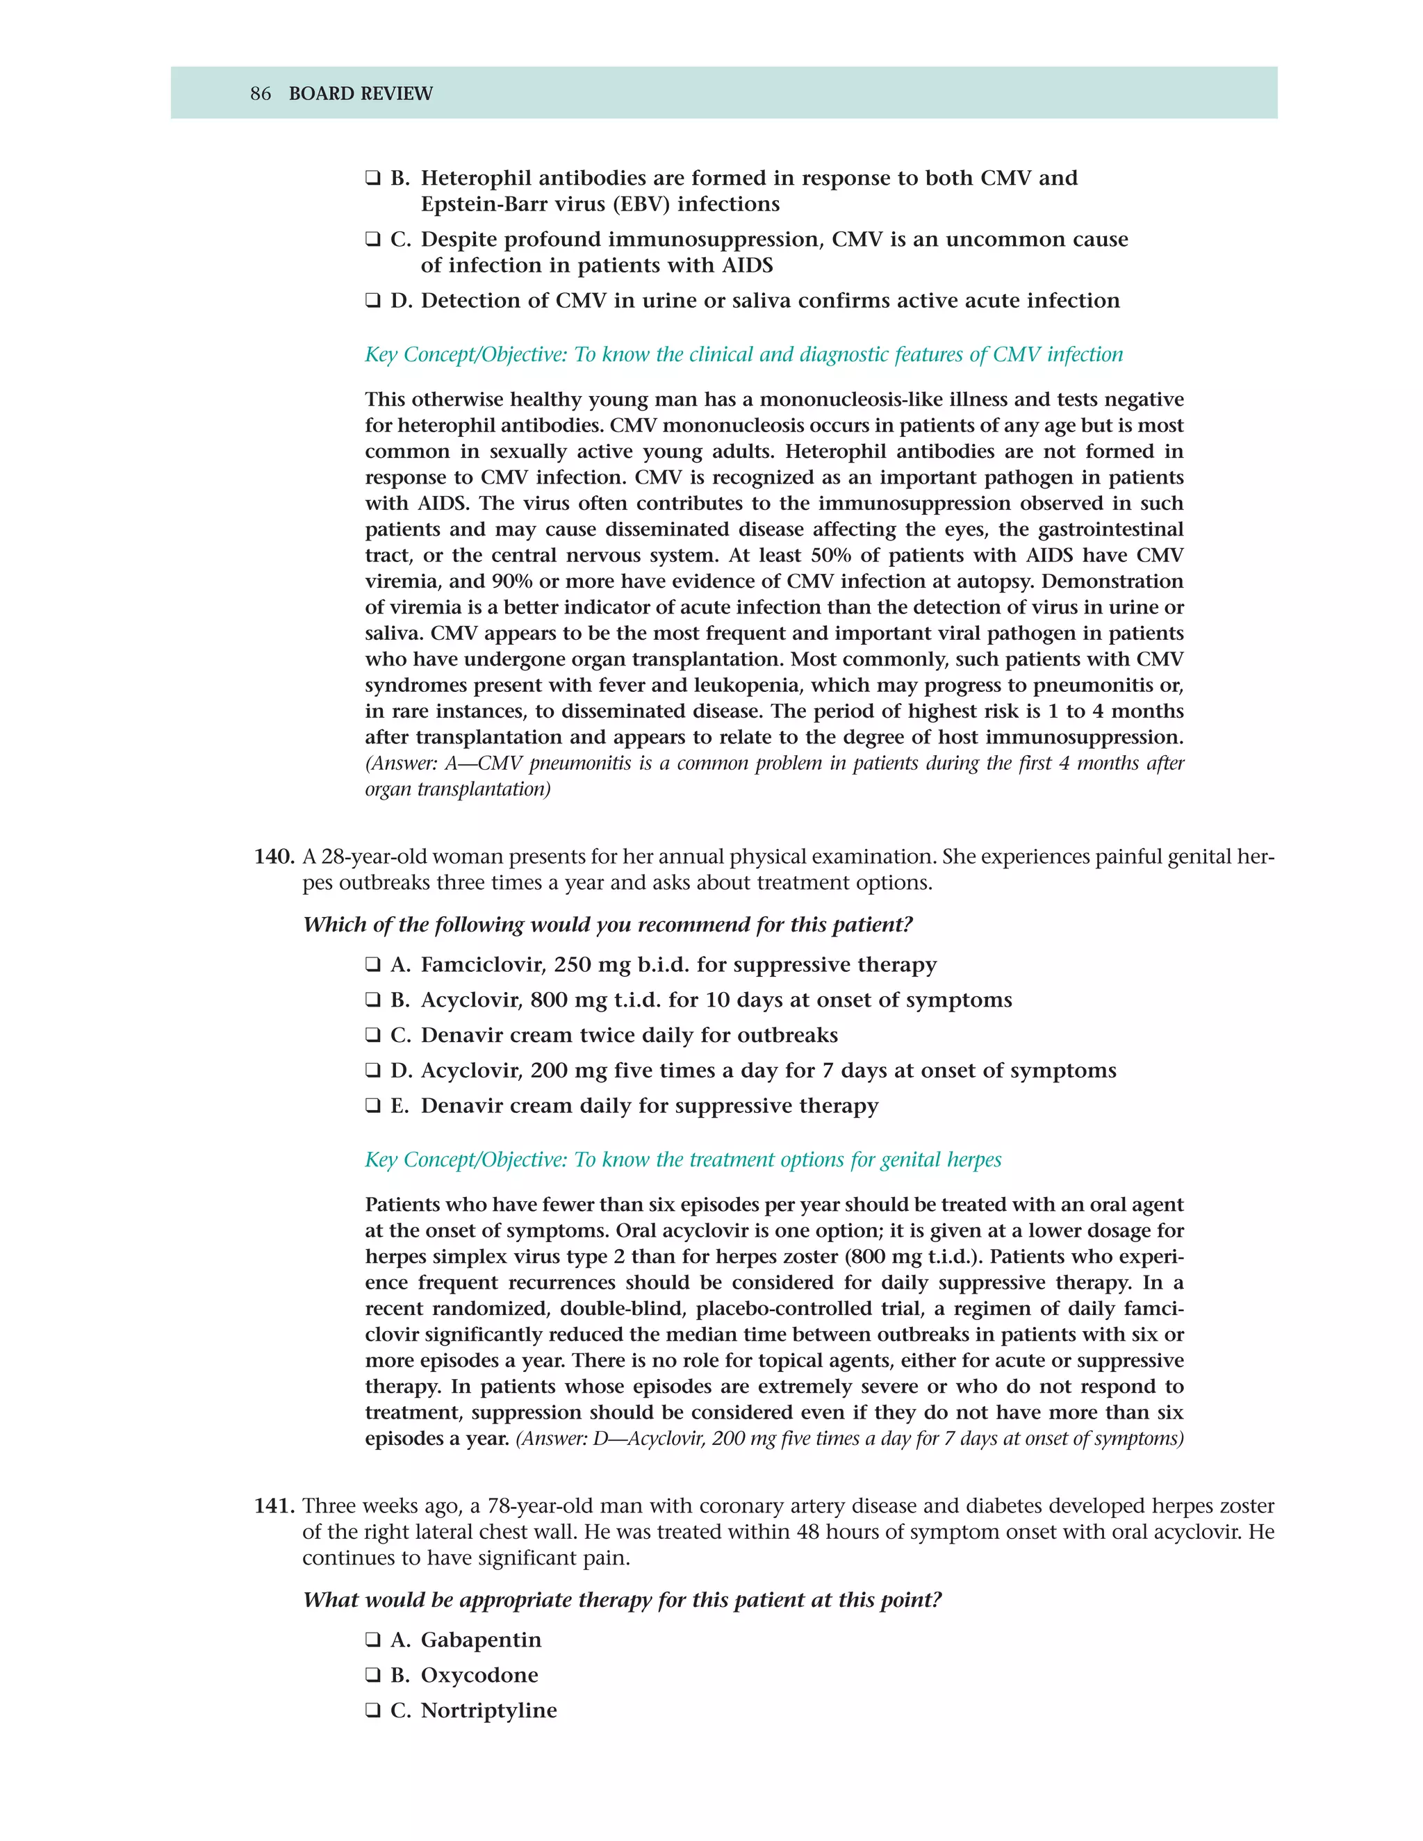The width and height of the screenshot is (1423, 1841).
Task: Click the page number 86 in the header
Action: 261,94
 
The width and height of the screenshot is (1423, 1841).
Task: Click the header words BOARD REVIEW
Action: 360,94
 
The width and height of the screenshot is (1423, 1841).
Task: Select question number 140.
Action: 274,857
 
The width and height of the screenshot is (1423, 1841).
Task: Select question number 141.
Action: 274,1506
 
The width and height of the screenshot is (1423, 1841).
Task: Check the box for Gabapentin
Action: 372,1640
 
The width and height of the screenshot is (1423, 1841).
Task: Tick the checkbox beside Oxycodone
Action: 372,1676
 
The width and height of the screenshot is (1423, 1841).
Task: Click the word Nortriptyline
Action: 489,1710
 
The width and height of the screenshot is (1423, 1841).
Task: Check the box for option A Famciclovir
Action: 372,964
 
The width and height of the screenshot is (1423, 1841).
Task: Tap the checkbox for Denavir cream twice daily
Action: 372,1035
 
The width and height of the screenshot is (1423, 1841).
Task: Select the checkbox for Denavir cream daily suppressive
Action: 372,1106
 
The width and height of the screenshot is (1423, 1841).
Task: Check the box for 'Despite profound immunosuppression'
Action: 372,240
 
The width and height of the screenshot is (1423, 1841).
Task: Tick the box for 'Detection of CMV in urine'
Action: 372,301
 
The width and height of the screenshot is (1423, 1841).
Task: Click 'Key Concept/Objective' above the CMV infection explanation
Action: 466,355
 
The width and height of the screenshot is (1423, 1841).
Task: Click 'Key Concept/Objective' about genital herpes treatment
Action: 466,1160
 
